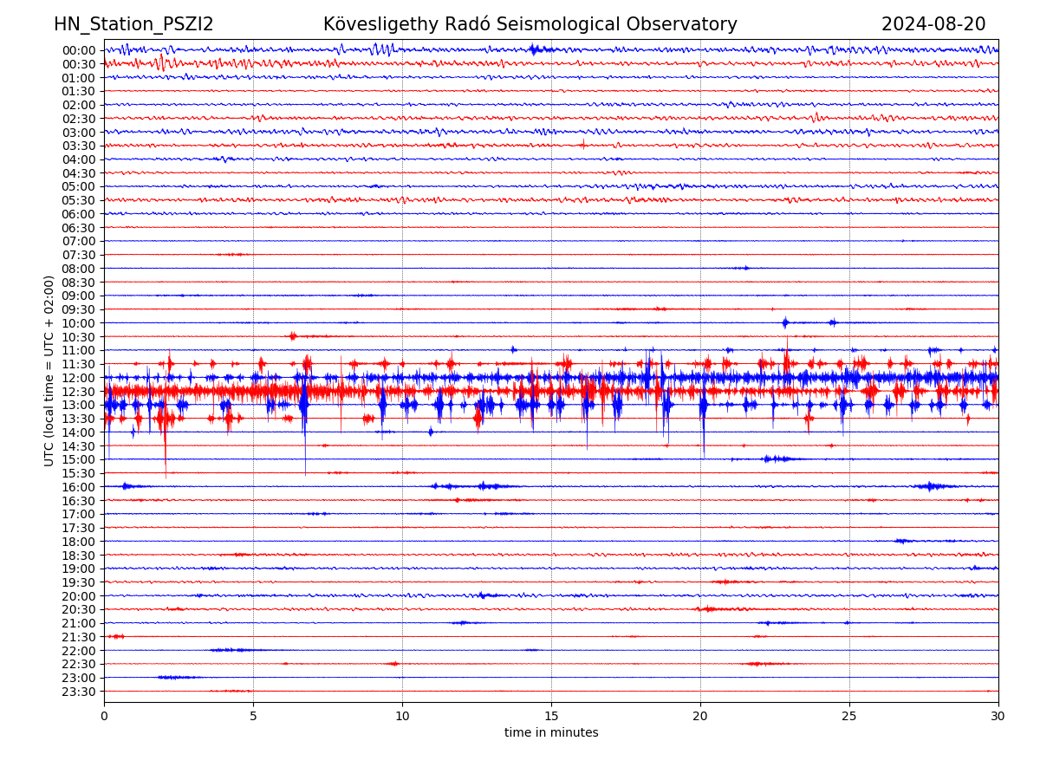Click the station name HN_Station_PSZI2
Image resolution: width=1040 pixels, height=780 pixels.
133,24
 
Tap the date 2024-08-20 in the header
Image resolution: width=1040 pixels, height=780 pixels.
933,24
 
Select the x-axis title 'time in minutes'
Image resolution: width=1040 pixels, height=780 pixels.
551,732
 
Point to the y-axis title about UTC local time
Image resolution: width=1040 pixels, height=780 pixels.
49,370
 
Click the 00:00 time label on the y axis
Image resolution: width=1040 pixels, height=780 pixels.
78,50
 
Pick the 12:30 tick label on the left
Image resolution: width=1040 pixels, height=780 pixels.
78,392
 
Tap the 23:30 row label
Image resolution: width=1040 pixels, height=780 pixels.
78,692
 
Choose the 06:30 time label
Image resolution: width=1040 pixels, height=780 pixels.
78,228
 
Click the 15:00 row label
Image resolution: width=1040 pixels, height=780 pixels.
78,459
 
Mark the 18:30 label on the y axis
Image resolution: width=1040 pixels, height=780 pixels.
78,556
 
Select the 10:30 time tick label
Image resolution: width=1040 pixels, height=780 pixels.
78,337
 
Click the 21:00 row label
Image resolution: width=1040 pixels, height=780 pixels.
78,623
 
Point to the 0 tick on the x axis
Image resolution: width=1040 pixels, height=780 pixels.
104,717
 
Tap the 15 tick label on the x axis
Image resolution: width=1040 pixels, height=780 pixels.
551,717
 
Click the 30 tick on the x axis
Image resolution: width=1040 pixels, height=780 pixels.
998,717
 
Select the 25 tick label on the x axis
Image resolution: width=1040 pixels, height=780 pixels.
849,717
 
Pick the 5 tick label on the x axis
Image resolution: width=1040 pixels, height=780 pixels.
253,717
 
